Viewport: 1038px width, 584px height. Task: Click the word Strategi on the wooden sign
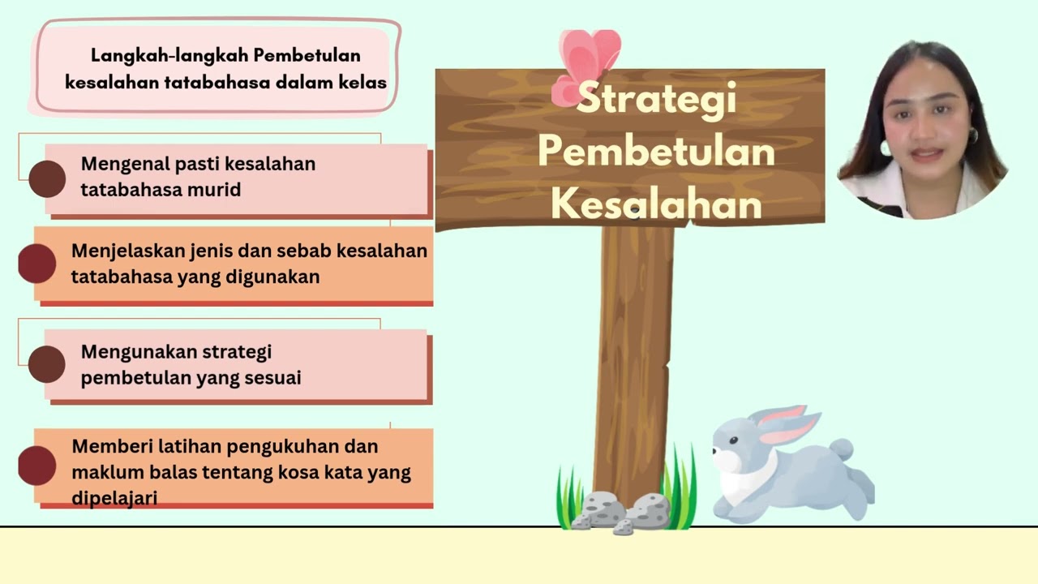(656, 99)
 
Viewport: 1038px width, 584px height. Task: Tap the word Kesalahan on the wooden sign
(656, 204)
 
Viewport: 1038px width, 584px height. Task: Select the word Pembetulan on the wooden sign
(656, 152)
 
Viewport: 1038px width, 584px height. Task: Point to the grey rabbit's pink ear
(783, 426)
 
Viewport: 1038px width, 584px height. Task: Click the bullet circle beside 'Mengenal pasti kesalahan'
(47, 179)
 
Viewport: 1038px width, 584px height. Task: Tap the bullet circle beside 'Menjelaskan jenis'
(37, 264)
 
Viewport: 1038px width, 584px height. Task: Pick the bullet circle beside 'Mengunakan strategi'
(47, 364)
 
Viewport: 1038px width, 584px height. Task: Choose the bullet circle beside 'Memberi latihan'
(37, 465)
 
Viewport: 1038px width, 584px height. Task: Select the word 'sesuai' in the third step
(277, 378)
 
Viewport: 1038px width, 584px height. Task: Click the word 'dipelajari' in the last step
(114, 497)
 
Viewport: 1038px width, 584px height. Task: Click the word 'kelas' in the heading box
(365, 83)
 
